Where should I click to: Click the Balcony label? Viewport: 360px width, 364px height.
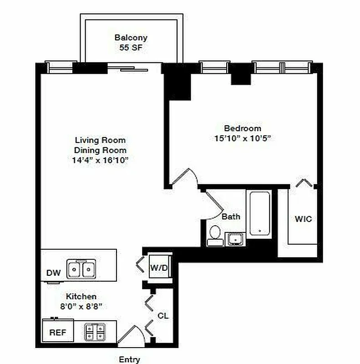131,38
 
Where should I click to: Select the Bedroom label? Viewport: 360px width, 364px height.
242,128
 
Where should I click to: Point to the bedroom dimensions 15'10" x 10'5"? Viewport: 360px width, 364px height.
242,138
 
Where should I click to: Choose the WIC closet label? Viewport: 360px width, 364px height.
303,219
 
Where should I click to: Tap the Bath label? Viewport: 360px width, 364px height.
231,217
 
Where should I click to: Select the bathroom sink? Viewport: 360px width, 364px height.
235,238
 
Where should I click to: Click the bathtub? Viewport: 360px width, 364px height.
259,213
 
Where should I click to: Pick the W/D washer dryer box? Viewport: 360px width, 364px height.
160,268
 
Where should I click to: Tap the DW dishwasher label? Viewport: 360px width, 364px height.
53,273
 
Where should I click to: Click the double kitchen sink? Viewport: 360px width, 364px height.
81,268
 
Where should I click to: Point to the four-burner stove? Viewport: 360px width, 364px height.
95,332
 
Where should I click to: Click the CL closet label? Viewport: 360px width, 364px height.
163,315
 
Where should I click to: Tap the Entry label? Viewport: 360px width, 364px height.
130,359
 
